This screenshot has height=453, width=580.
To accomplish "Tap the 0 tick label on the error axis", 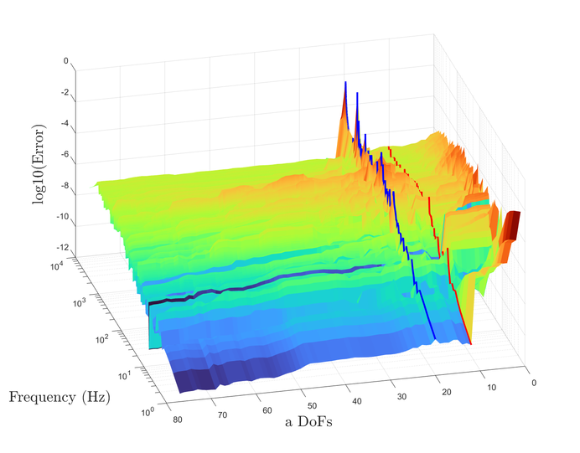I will pos(65,61).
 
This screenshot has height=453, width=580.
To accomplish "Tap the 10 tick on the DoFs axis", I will pos(491,387).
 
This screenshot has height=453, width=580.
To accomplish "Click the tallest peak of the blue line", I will pos(344,82).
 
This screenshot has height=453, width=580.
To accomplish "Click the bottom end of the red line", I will pos(470,343).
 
